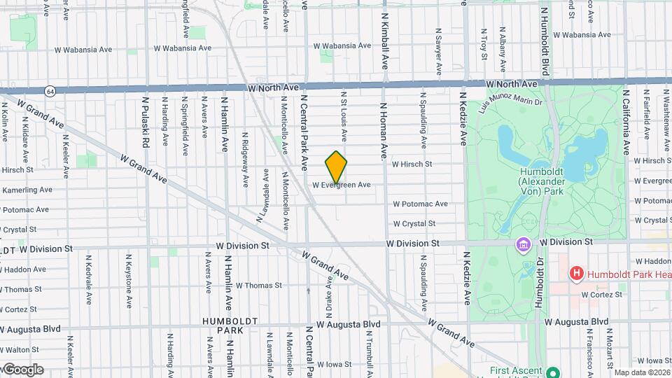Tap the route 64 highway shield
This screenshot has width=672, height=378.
50,92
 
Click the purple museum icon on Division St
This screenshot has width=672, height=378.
523,244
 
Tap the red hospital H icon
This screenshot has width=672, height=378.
577,274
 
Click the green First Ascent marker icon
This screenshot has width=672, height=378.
552,372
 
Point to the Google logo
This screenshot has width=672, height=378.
22,370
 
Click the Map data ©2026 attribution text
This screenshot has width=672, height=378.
642,372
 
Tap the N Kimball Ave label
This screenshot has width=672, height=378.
384,38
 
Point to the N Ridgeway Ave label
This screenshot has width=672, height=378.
244,160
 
